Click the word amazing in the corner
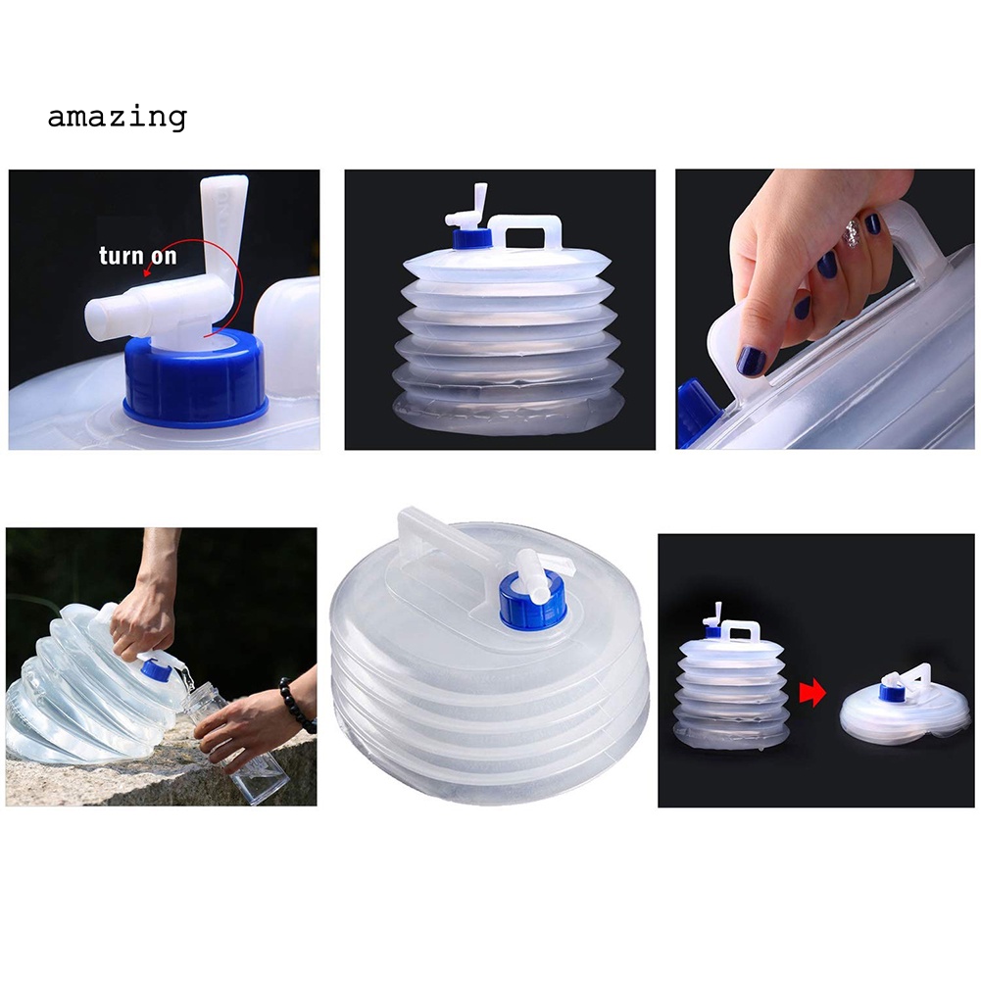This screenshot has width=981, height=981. click(x=117, y=118)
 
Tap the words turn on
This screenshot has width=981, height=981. click(x=137, y=257)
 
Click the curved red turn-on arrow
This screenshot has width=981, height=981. click(x=227, y=284)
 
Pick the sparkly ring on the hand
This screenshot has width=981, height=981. click(x=852, y=233)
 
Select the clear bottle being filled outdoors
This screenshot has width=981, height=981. click(x=243, y=745)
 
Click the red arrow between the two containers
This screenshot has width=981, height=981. click(x=812, y=694)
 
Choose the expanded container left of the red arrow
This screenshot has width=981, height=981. click(x=732, y=686)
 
